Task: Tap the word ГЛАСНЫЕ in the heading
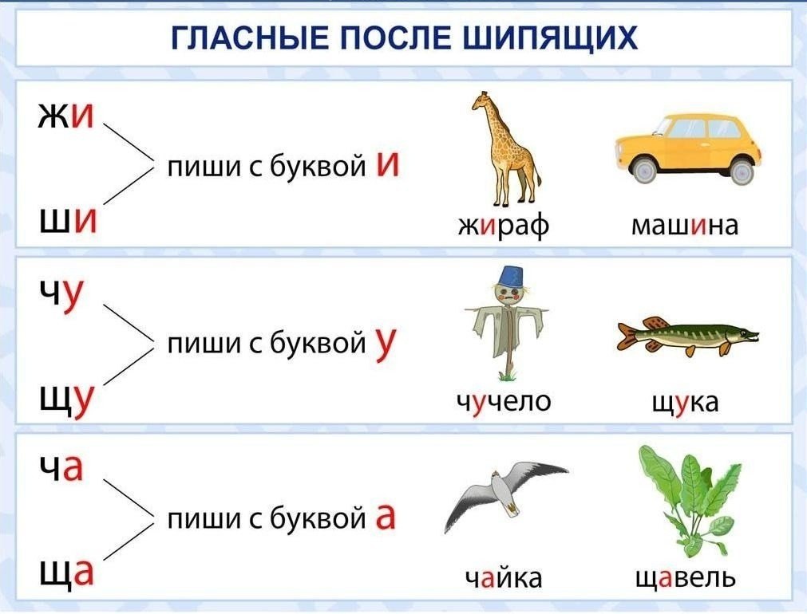point(250,37)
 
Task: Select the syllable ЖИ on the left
point(66,115)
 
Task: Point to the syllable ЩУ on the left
point(67,400)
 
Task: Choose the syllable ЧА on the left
point(61,467)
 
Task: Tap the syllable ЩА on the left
point(67,573)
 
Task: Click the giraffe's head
point(481,100)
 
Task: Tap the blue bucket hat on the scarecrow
point(508,277)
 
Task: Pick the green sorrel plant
point(689,500)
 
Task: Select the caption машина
point(685,225)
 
